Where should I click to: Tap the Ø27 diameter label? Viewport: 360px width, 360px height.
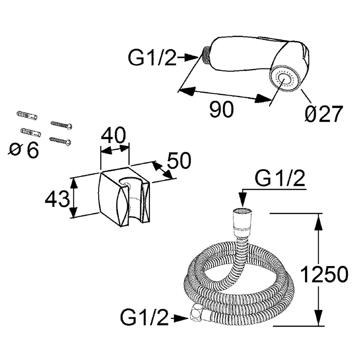tap(324, 114)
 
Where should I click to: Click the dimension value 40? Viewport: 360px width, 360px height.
tap(113, 136)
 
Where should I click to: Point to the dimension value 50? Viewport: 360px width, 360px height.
tap(179, 160)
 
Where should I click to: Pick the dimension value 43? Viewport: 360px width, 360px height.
tap(57, 199)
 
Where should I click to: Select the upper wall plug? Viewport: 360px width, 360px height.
tap(27, 116)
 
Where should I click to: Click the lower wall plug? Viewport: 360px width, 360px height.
tap(31, 132)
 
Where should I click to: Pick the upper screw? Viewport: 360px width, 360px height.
tap(61, 125)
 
